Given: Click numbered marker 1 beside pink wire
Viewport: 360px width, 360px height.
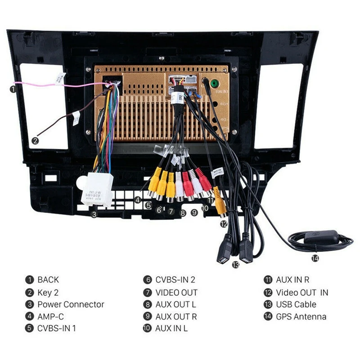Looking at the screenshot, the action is click(x=14, y=89).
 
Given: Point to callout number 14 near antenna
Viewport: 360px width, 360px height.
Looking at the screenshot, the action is click(x=315, y=258).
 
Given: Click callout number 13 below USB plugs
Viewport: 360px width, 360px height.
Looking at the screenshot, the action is click(x=236, y=265).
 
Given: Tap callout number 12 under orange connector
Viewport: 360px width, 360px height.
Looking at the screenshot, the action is click(x=224, y=222).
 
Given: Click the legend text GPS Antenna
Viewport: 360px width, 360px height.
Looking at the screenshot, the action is click(x=301, y=316).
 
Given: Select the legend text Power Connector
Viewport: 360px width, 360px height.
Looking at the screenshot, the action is click(x=71, y=304).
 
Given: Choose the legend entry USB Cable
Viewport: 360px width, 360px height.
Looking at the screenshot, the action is click(x=296, y=304).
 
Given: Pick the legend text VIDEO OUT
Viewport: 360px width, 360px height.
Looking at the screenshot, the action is click(x=176, y=292).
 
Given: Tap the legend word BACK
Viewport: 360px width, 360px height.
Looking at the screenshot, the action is click(x=48, y=280).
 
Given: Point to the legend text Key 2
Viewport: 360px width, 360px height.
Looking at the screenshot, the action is click(x=48, y=292).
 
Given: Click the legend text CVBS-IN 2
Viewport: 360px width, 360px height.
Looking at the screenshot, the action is click(x=175, y=280).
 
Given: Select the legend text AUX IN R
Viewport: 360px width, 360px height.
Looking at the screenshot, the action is click(x=292, y=280).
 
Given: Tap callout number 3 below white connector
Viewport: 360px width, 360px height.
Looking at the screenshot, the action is click(x=94, y=215).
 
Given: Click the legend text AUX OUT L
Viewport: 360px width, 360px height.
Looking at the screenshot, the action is click(x=176, y=304).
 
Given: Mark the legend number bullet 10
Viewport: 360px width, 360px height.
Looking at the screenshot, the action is click(x=147, y=328).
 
